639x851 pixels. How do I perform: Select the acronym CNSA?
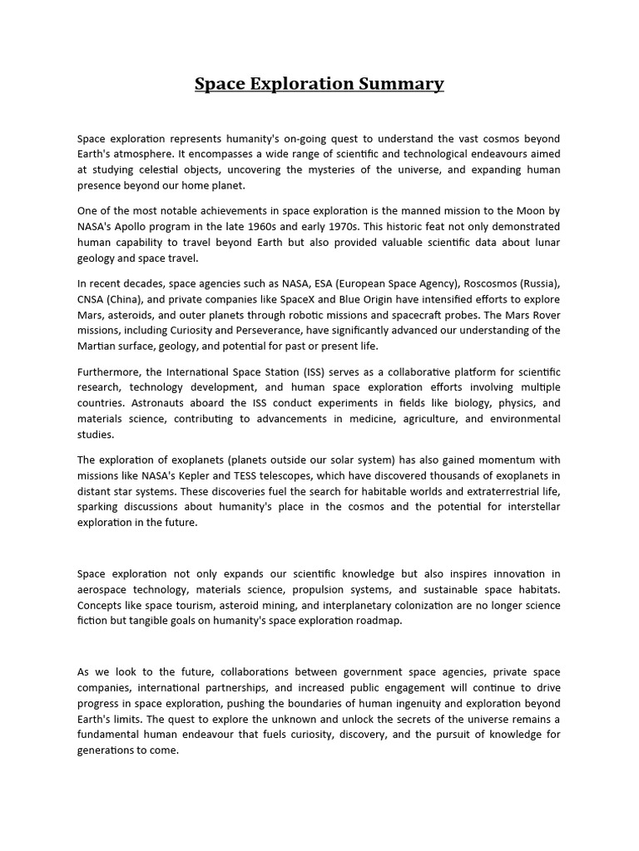click(92, 299)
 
